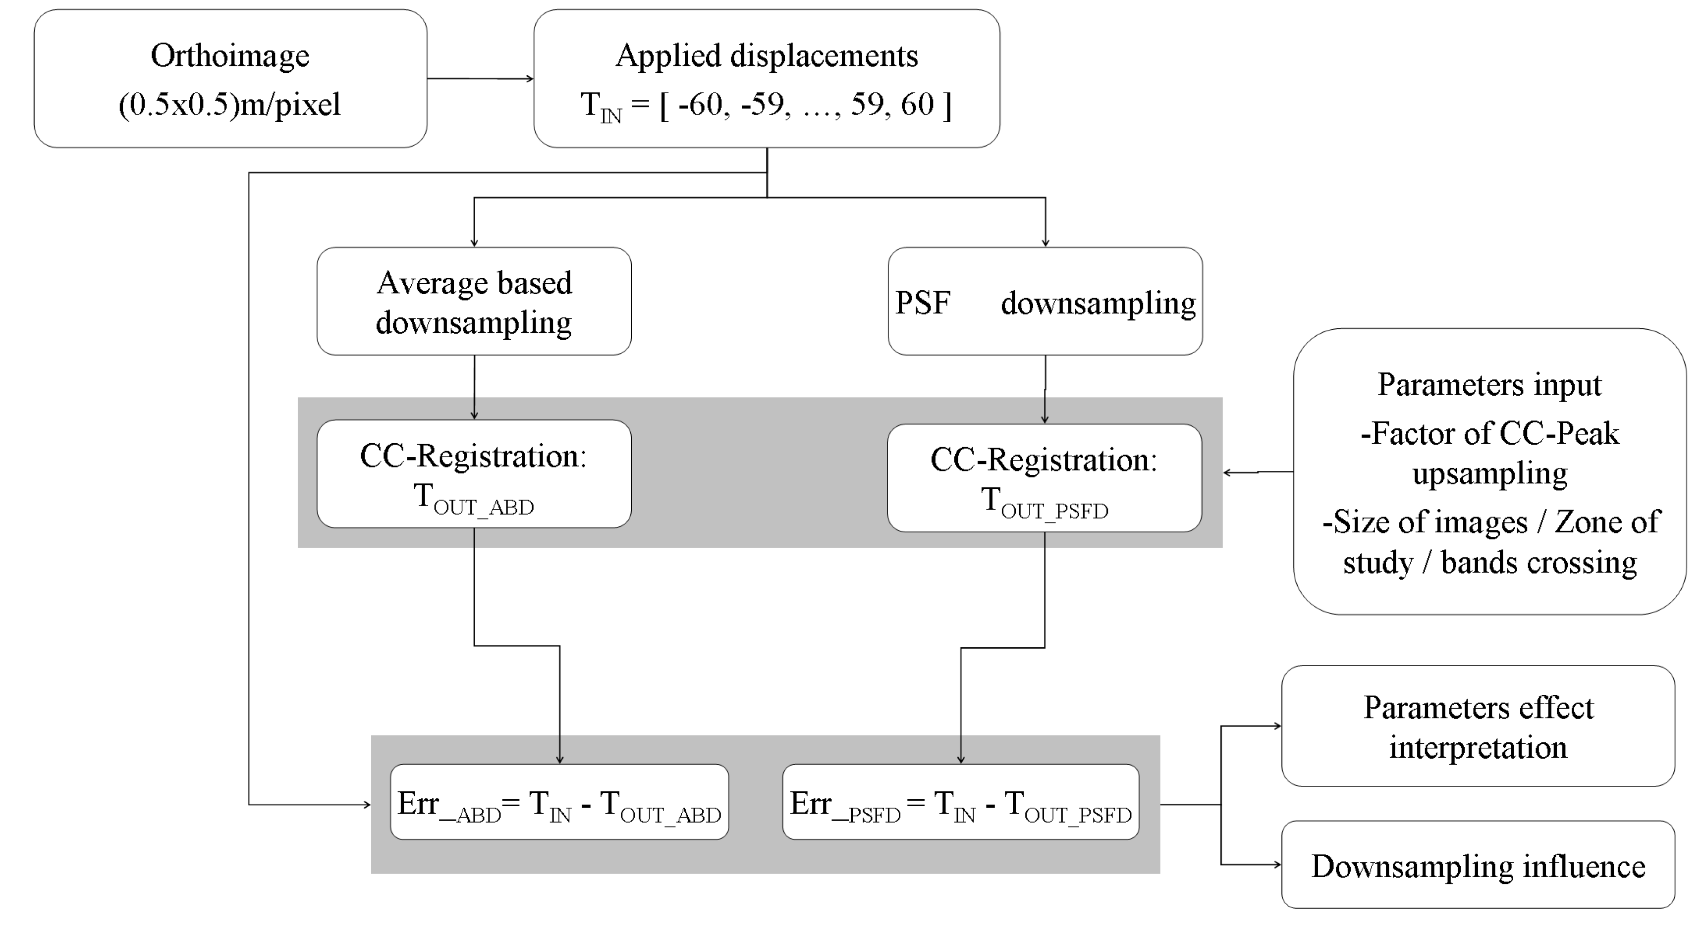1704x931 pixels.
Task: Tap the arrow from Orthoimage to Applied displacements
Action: pos(480,79)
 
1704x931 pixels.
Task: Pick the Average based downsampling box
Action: pos(474,302)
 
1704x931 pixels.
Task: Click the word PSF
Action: pos(923,303)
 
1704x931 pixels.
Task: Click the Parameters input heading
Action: pos(1489,384)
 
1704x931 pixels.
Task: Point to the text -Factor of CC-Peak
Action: pos(1489,434)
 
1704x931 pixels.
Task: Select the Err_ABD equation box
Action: pos(559,803)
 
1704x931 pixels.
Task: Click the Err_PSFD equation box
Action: pos(960,803)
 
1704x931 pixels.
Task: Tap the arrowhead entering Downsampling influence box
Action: pos(1277,864)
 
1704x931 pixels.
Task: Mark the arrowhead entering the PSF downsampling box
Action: pos(1045,243)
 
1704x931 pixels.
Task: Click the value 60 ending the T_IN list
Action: pos(917,104)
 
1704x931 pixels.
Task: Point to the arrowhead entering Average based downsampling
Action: pos(474,243)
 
